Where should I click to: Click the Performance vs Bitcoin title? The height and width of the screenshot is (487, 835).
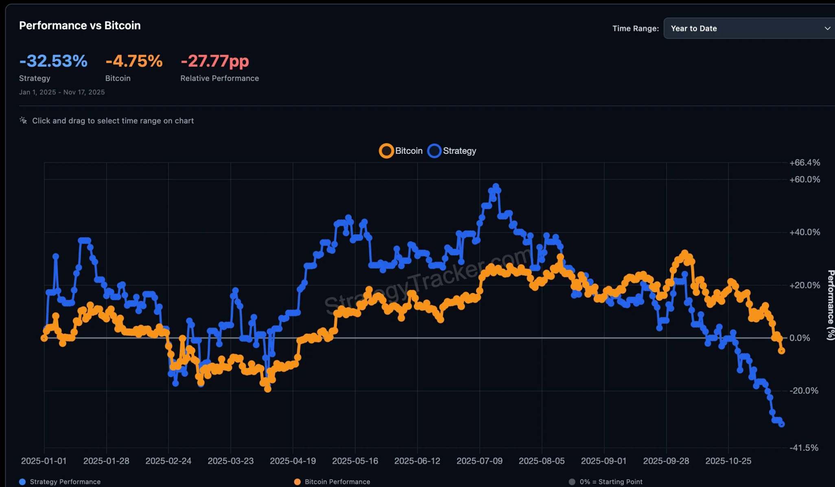80,26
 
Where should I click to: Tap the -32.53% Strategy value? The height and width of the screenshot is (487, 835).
53,61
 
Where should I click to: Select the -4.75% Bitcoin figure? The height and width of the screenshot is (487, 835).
134,61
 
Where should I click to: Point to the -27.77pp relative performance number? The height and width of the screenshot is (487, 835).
214,61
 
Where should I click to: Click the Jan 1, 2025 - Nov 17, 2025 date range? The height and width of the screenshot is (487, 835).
62,92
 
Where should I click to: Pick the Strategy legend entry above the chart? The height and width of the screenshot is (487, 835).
452,151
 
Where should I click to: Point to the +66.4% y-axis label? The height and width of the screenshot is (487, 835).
804,163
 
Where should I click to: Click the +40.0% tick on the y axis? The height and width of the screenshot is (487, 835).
804,232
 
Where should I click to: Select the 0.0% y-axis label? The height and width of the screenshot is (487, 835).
799,338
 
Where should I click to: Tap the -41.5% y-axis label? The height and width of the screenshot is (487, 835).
804,448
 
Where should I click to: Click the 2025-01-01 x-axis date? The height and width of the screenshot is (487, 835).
44,461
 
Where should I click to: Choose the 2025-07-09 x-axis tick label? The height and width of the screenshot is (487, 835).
479,461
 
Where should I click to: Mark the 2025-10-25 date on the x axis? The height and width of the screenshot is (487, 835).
728,461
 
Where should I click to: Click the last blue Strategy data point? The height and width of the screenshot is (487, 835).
781,424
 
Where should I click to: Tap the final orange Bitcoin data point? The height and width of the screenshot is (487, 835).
781,350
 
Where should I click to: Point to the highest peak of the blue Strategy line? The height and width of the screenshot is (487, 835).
496,186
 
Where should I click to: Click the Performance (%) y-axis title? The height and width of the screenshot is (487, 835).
831,305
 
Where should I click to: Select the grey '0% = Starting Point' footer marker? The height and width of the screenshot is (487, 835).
572,482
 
